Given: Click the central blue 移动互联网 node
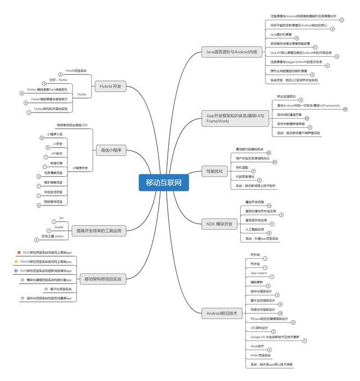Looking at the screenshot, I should pyautogui.click(x=164, y=182).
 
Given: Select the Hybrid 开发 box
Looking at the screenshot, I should pyautogui.click(x=110, y=87).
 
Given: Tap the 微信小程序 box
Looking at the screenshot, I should pyautogui.click(x=110, y=150).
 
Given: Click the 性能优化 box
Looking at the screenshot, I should pyautogui.click(x=215, y=171).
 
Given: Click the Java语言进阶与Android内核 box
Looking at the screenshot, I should pyautogui.click(x=233, y=52).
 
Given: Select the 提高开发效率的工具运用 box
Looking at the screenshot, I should pyautogui.click(x=98, y=230).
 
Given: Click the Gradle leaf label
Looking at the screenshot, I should pyautogui.click(x=59, y=227).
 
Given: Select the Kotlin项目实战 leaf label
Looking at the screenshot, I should pyautogui.click(x=260, y=355).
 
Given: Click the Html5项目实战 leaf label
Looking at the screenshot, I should pyautogui.click(x=76, y=71).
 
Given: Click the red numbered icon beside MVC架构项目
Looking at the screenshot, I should pyautogui.click(x=19, y=253).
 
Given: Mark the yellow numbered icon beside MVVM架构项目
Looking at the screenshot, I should pyautogui.click(x=16, y=262).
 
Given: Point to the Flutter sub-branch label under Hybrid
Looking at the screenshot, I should pyautogui.click(x=82, y=95).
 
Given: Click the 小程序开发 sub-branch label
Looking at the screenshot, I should pyautogui.click(x=80, y=168).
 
